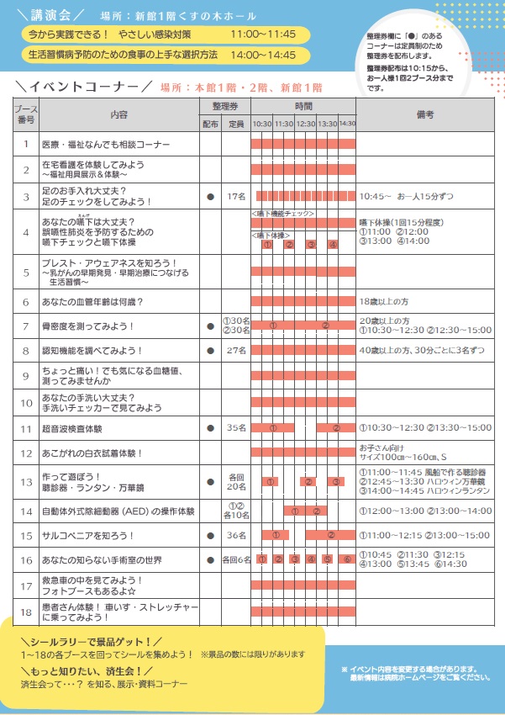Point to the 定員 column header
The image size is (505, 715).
click(236, 123)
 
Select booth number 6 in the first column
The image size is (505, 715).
click(25, 301)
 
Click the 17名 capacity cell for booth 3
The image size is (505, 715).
click(236, 196)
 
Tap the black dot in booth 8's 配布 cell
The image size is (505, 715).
click(210, 349)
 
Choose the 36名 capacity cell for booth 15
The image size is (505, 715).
click(236, 535)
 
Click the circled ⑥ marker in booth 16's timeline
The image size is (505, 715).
click(347, 559)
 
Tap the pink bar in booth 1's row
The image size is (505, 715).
click(302, 144)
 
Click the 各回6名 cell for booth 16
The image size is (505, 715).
click(236, 559)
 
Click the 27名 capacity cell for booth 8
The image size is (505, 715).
click(236, 349)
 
